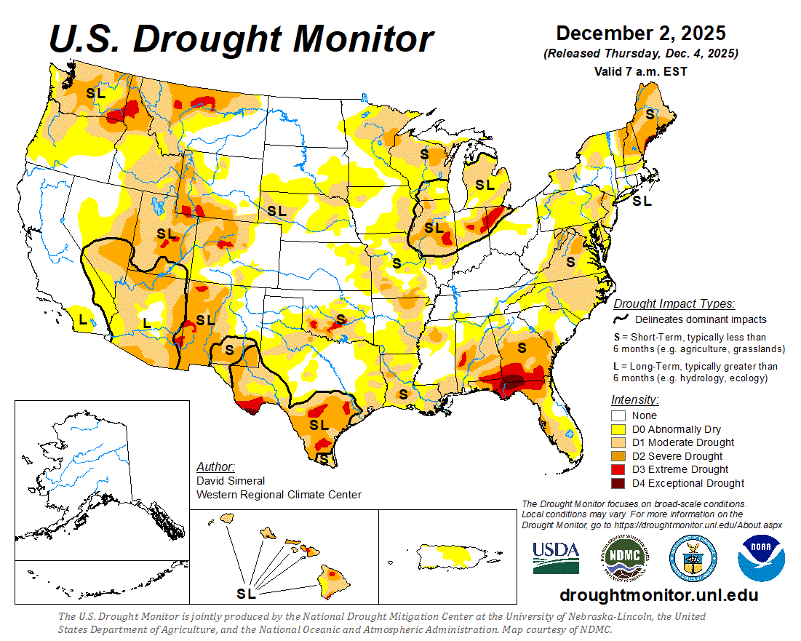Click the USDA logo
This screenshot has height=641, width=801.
click(556, 558)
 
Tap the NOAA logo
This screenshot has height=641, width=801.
click(760, 558)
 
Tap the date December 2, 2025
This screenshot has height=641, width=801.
click(640, 33)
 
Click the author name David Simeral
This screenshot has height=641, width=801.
click(231, 481)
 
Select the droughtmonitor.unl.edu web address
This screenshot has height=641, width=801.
click(658, 595)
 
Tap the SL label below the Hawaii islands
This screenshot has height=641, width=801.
click(247, 594)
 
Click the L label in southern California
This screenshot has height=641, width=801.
click(83, 319)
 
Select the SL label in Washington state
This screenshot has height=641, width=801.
click(95, 93)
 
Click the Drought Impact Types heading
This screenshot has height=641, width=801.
click(673, 303)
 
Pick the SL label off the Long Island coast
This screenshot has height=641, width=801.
click(642, 202)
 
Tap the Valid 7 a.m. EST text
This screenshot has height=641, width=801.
click(640, 71)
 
